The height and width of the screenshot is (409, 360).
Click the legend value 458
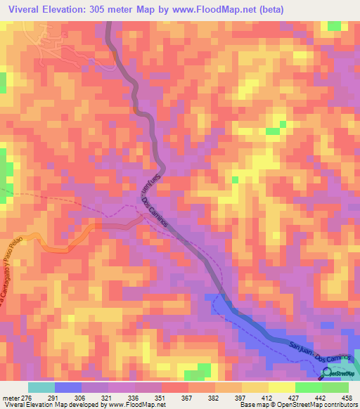click(x=348, y=397)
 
